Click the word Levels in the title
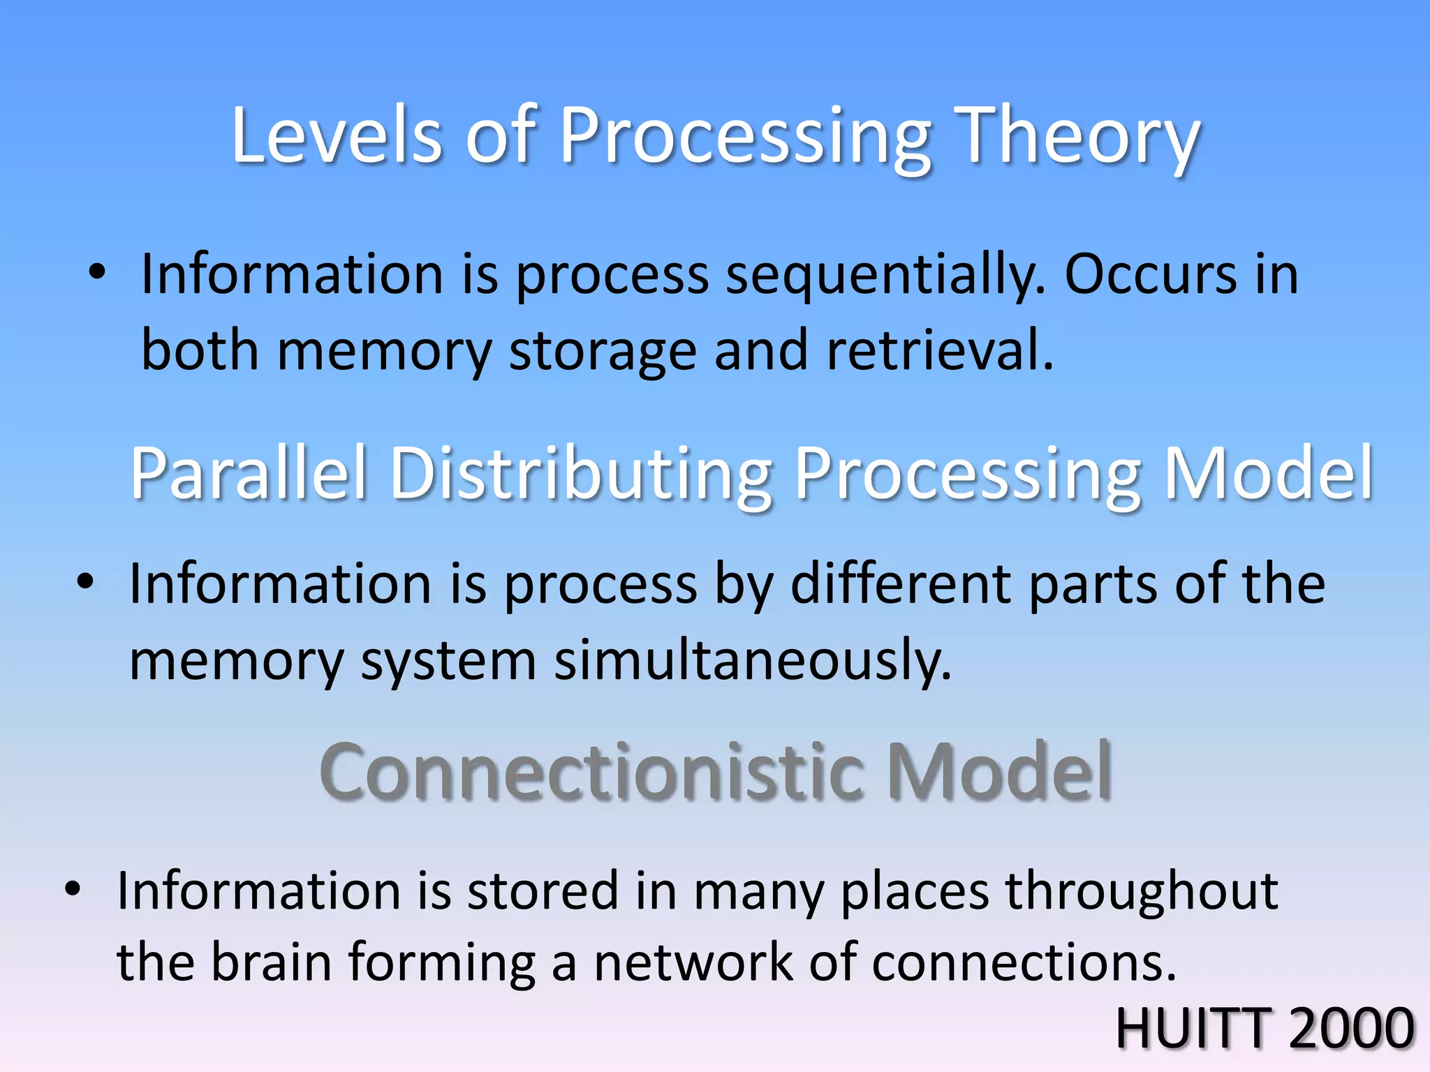[337, 135]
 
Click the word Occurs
[1151, 274]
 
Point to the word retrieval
[939, 350]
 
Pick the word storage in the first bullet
[603, 351]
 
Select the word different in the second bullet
[901, 583]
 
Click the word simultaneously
[753, 660]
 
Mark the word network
[693, 962]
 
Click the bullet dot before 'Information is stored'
[73, 889]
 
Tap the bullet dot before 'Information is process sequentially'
[97, 272]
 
